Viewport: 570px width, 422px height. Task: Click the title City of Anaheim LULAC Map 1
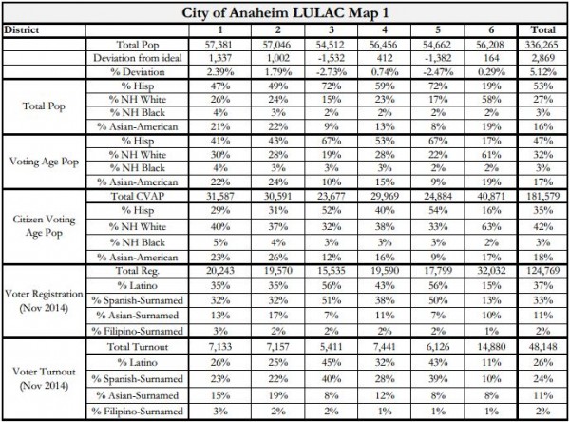coord(284,13)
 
